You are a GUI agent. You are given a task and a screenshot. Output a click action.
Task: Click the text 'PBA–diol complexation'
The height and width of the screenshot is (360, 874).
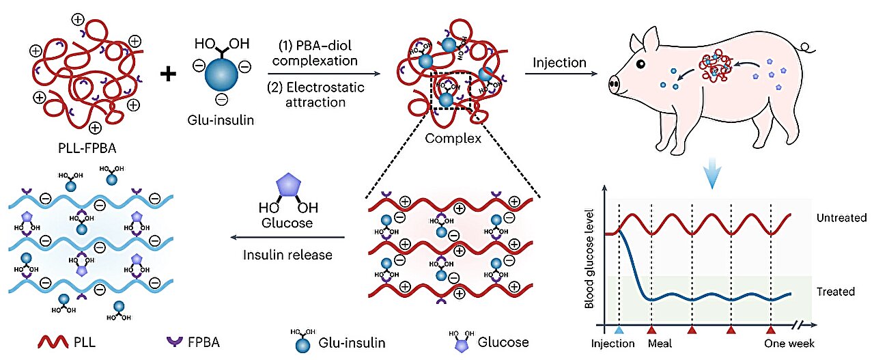pos(318,54)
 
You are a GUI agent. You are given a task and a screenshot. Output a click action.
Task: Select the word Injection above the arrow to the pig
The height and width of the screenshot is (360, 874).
pos(559,63)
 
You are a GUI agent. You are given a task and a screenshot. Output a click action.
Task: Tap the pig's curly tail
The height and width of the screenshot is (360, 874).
pos(806,48)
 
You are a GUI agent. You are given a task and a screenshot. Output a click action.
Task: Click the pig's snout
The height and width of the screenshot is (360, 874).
pos(614,85)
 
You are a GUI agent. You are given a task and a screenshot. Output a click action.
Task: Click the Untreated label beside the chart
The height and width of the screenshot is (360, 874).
pos(841,218)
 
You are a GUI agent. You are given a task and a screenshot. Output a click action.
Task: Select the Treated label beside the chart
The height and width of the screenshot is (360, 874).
pos(836,292)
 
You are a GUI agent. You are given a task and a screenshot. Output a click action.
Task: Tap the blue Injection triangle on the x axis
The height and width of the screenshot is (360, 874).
pos(619,330)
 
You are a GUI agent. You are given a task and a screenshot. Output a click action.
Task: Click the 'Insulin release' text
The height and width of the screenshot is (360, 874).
pos(287,255)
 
